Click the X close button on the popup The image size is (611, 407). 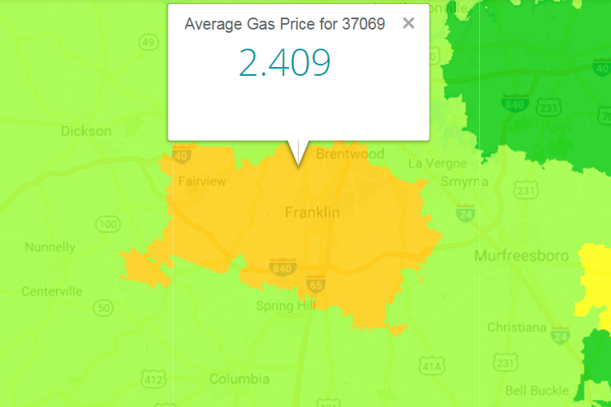coord(408,23)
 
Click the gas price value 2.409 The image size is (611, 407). coord(284,63)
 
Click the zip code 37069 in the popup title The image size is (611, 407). coord(363,24)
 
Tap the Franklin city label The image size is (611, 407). coord(312,212)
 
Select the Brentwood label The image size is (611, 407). coord(350,154)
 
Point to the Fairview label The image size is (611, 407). coord(202,181)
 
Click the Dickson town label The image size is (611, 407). coord(86,131)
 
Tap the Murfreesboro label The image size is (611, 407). coord(522,255)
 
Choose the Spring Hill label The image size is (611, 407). coord(285,306)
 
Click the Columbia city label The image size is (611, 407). coord(239,379)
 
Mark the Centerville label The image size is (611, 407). coord(52,291)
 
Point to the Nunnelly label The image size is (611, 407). coord(50,247)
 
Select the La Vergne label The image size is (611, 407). coord(437,164)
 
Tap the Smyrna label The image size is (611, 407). coord(464,181)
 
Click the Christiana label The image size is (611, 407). coord(517,327)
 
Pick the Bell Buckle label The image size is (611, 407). coord(537,390)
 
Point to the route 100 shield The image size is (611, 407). coord(109,223)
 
